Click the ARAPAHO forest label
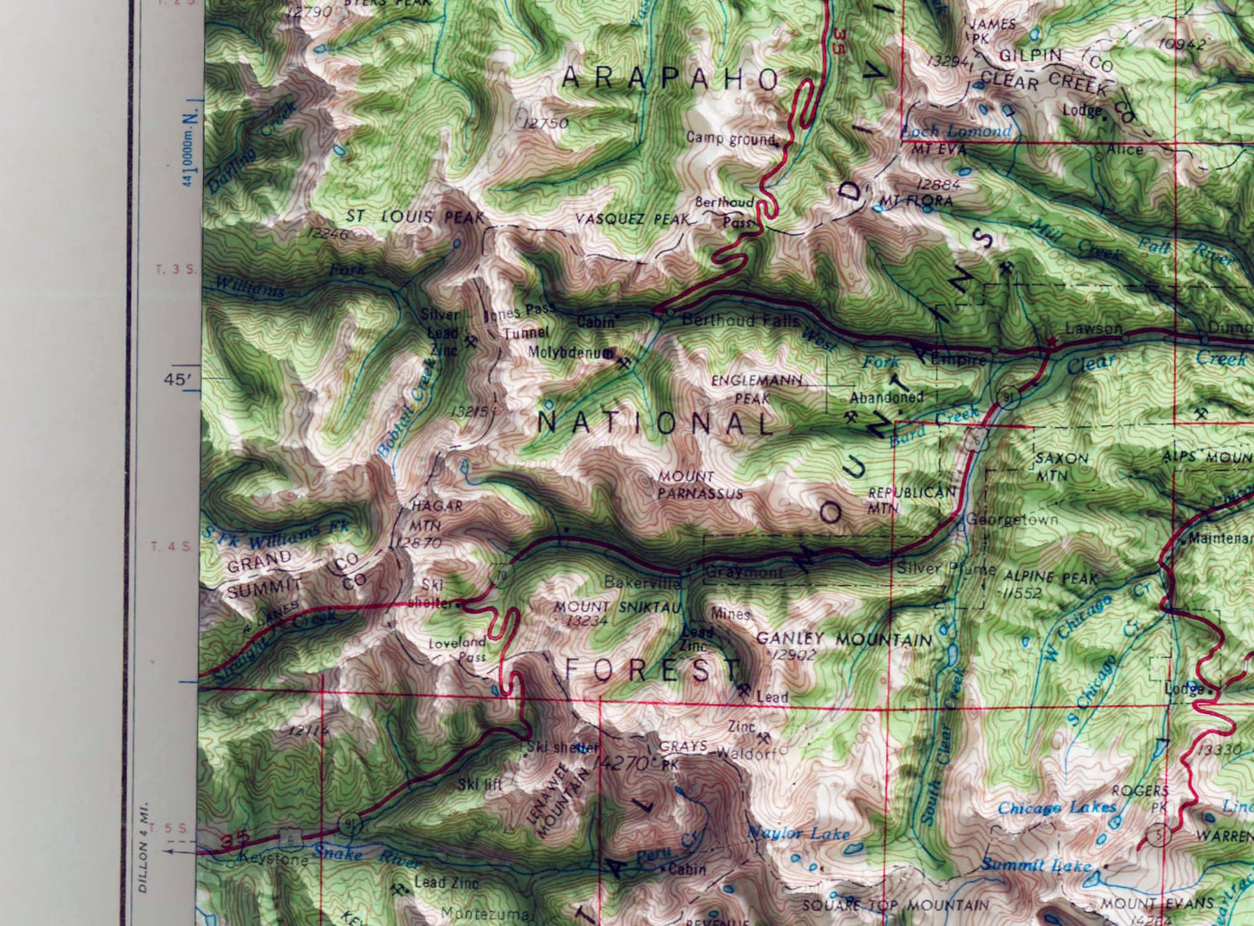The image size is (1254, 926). click(670, 79)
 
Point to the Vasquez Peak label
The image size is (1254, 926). click(632, 220)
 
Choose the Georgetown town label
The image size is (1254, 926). click(1011, 520)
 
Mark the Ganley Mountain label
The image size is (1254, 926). click(844, 640)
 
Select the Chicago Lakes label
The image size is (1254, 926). click(1057, 808)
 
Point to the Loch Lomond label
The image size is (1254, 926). click(956, 131)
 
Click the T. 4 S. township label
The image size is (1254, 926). click(169, 546)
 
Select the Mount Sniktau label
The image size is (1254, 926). click(618, 607)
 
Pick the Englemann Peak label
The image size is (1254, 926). click(752, 390)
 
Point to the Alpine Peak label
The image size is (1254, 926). click(1050, 577)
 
